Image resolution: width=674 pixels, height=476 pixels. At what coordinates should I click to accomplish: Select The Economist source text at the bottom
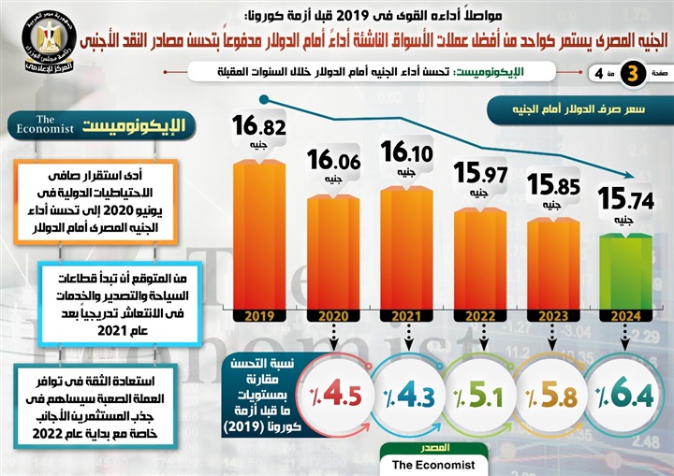(x=433, y=464)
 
